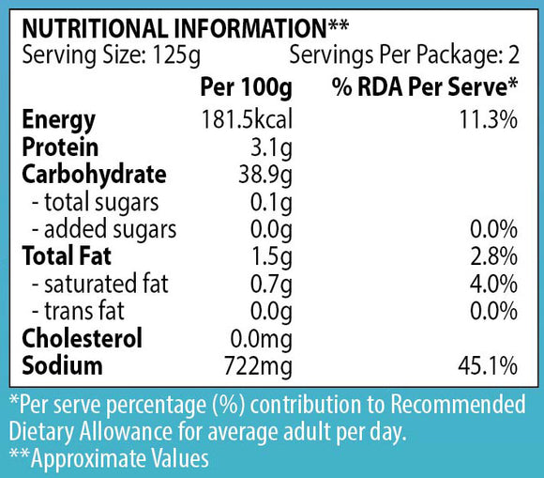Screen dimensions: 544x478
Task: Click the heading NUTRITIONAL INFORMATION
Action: coord(174,28)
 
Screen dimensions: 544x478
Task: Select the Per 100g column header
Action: coord(246,87)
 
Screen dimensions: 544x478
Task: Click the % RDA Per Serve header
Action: coord(425,86)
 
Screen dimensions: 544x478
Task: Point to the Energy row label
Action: coord(59,120)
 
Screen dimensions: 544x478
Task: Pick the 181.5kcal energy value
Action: coord(247,119)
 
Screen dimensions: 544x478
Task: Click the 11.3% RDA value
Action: coord(489,119)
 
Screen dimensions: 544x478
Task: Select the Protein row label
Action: coord(60,146)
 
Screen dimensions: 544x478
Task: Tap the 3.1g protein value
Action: coord(271,148)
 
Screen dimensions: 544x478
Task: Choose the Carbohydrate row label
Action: coord(94,175)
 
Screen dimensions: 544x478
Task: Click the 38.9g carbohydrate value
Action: coord(265,176)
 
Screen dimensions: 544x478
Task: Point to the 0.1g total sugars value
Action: coord(271,203)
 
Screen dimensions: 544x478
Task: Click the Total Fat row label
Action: coord(67,256)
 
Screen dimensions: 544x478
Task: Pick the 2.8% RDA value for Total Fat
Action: coord(493,256)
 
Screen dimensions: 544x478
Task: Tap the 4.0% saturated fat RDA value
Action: coord(493,284)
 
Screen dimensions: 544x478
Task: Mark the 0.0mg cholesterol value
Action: coord(262,339)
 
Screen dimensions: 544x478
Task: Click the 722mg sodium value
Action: coord(259,366)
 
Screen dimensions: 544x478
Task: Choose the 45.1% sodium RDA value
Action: coord(488,366)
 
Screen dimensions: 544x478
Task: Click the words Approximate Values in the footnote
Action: coord(120,458)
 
